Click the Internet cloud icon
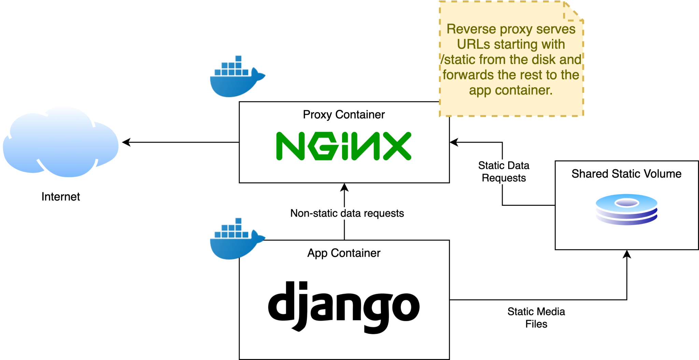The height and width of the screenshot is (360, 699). [x=61, y=143]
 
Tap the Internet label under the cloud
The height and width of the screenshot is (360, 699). [x=61, y=197]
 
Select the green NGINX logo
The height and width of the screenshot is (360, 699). [x=343, y=146]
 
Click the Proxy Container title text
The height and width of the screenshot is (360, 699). [x=344, y=115]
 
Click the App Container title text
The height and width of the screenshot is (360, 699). [x=344, y=253]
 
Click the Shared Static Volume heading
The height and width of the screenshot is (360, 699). [x=626, y=174]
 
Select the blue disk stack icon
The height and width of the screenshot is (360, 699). [x=626, y=209]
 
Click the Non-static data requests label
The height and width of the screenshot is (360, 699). [x=347, y=213]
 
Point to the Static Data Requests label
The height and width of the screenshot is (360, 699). [x=503, y=172]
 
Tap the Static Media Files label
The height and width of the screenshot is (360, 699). [x=536, y=317]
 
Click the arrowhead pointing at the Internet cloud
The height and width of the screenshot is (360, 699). [x=126, y=142]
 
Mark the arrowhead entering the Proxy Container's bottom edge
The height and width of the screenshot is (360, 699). [x=344, y=187]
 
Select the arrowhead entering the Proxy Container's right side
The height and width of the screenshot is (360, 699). [x=454, y=142]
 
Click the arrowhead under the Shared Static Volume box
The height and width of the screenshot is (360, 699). [x=627, y=254]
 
